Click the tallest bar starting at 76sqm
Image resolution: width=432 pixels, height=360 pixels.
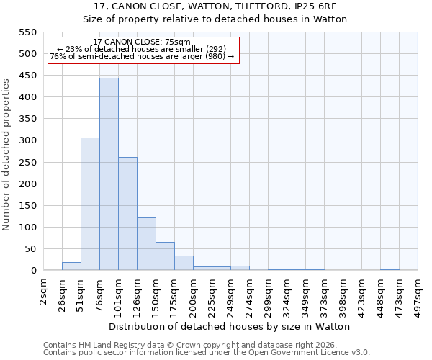109,174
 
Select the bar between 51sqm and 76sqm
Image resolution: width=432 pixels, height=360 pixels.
90,204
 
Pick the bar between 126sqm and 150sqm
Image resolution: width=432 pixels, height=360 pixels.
146,244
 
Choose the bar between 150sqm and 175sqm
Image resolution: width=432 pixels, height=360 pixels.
165,256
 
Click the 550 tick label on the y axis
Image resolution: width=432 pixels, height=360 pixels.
27,32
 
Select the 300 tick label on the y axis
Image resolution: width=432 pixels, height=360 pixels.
27,140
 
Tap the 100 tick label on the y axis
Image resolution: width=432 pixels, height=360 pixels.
27,228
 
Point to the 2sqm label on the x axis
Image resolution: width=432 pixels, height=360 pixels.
44,291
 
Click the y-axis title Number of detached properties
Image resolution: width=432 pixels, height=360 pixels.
6,155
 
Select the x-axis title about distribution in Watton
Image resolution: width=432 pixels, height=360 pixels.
230,326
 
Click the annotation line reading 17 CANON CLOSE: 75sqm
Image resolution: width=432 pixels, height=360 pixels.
142,42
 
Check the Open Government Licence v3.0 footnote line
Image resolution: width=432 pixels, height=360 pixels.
207,353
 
